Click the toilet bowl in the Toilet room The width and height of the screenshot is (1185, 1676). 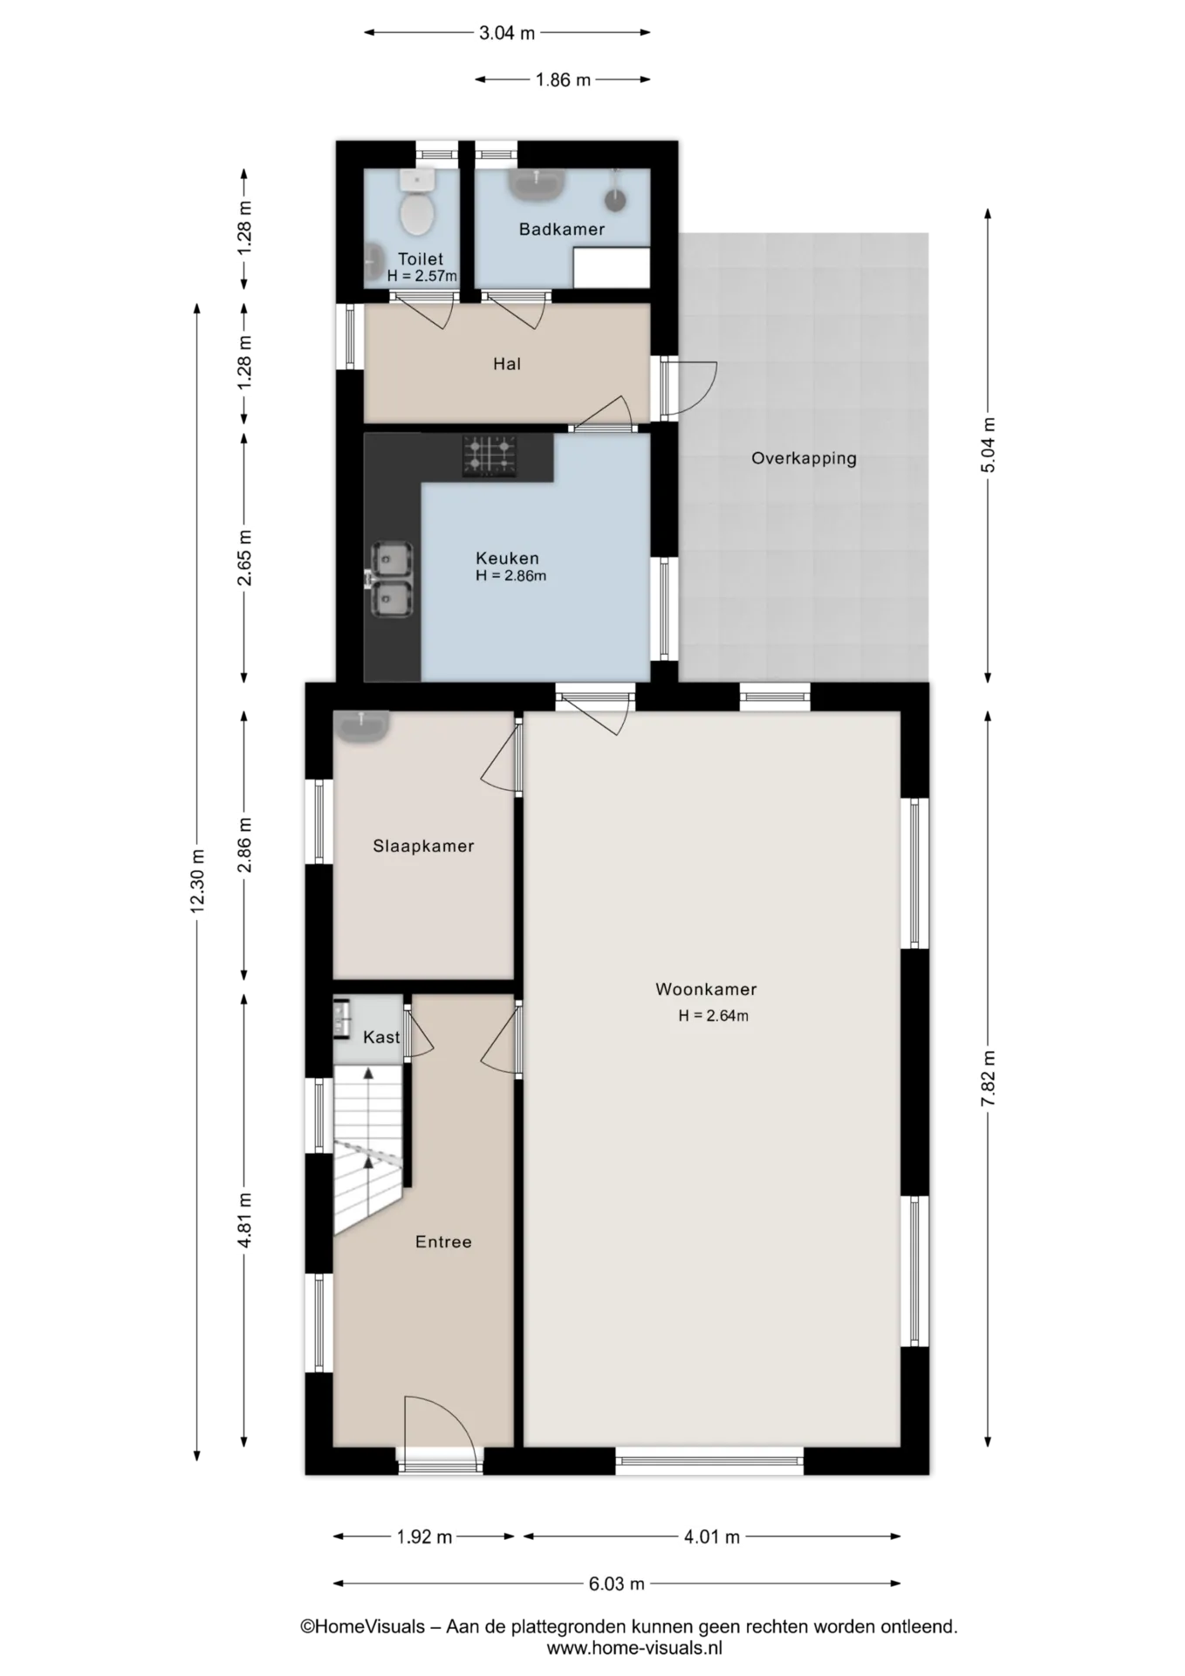[417, 213]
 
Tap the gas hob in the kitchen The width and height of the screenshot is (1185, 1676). [490, 457]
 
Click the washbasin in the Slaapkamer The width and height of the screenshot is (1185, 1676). [361, 726]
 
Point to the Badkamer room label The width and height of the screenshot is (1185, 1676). [562, 230]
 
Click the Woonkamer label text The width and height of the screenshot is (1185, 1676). [706, 989]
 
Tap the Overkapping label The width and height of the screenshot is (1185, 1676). [804, 458]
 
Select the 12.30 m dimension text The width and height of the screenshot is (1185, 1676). [197, 881]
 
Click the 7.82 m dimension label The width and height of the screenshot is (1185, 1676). [988, 1079]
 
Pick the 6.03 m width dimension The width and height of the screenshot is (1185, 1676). [617, 1583]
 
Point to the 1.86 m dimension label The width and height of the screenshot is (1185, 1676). [563, 80]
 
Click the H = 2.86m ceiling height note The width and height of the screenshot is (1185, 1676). [511, 576]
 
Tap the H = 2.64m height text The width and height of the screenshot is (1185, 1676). [714, 1016]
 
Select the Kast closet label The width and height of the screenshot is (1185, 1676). [381, 1037]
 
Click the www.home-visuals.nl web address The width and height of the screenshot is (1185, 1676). [634, 1648]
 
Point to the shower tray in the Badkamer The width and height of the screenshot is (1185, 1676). [612, 267]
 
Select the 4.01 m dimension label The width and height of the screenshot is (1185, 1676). [712, 1537]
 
